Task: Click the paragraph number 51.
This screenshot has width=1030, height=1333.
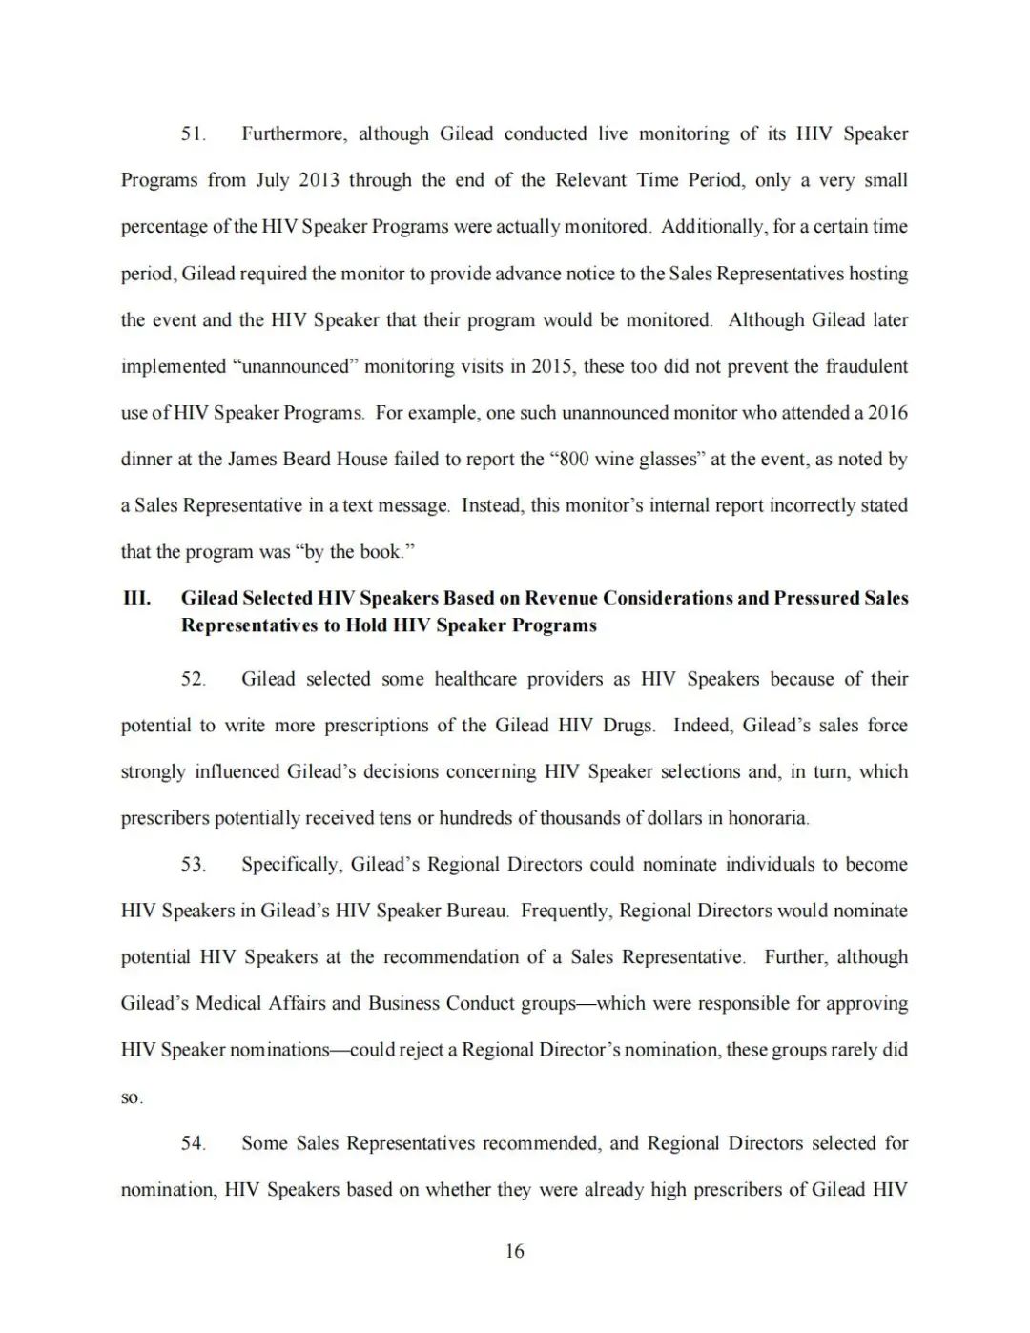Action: click(x=193, y=134)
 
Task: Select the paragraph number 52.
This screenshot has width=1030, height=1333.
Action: click(x=193, y=680)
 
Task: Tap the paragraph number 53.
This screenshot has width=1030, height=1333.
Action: click(x=193, y=865)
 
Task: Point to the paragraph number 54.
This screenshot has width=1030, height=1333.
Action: click(x=193, y=1143)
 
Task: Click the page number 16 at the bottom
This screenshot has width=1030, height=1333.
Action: click(x=515, y=1252)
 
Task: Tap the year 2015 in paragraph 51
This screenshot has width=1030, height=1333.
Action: click(x=553, y=367)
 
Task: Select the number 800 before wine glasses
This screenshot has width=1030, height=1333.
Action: click(x=575, y=460)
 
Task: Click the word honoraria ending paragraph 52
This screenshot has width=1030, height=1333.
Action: click(x=769, y=818)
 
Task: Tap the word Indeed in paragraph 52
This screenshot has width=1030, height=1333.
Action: click(x=701, y=726)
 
